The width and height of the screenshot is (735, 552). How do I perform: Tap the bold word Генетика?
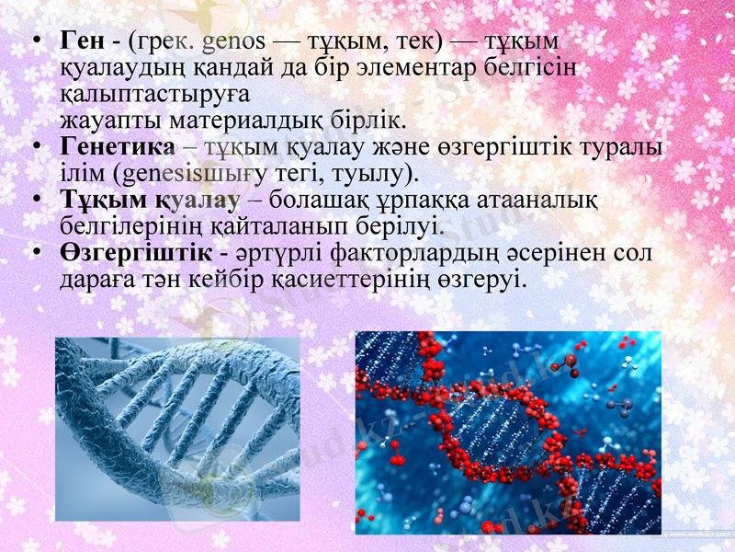[117, 148]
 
